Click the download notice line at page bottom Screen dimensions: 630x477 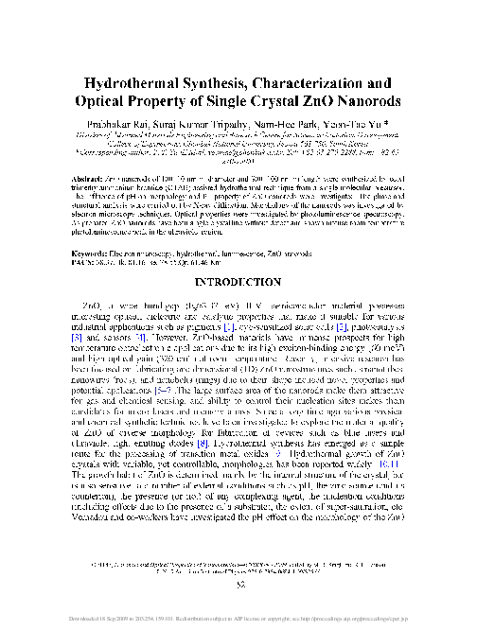[x=238, y=621]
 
